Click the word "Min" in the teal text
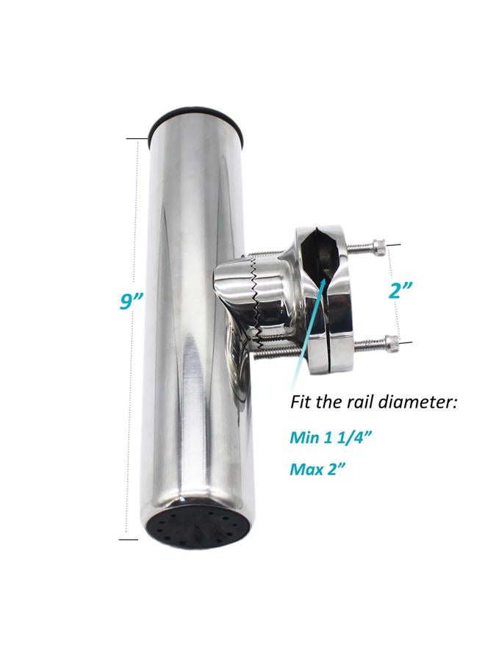tap(304, 437)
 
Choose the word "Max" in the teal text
tap(306, 469)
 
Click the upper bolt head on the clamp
tap(378, 245)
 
